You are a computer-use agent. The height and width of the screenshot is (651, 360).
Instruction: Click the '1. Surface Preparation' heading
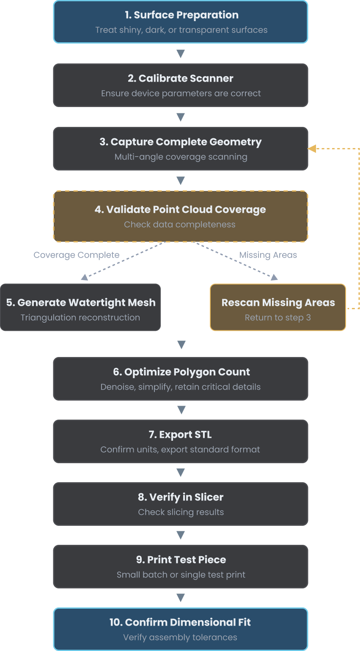pos(181,15)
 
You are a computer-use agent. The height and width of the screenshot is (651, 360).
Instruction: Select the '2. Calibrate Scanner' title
pos(181,79)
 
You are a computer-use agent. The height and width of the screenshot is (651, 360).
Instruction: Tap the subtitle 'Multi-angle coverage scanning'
pos(181,157)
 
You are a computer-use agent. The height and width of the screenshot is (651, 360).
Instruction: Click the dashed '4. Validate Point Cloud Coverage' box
pos(181,216)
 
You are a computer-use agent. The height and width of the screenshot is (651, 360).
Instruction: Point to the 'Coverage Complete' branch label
pos(77,255)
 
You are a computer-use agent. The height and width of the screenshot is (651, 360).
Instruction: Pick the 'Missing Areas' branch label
pos(268,255)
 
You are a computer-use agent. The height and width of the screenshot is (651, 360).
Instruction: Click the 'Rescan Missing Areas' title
pos(278,303)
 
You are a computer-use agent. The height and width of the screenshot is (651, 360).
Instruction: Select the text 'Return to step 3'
pos(278,318)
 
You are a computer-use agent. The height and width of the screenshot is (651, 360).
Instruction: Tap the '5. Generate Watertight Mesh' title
pos(81,303)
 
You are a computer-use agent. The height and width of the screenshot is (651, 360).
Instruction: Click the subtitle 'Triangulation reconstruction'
pos(80,318)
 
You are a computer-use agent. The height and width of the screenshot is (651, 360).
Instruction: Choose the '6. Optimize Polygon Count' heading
pos(181,372)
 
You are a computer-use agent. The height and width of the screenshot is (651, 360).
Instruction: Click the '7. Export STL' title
pos(180,435)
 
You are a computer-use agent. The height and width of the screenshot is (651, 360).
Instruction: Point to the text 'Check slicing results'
pos(181,512)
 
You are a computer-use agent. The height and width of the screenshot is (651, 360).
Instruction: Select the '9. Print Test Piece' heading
pos(181,560)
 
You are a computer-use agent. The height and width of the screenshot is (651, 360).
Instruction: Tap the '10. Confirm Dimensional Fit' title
pos(180,623)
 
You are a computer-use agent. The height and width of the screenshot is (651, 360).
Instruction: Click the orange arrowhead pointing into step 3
pos(312,148)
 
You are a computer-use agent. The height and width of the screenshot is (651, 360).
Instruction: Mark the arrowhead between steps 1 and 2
pos(181,54)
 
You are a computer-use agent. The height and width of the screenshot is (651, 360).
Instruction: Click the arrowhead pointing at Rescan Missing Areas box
pos(274,277)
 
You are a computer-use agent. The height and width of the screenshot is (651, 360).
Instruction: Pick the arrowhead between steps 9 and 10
pos(181,598)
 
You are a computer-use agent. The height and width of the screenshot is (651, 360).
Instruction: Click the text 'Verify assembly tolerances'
pos(180,637)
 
